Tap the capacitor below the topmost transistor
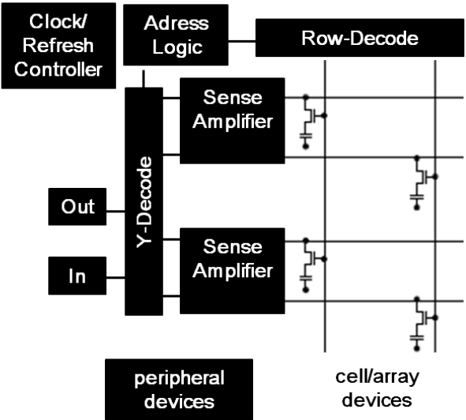coord(304,140)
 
